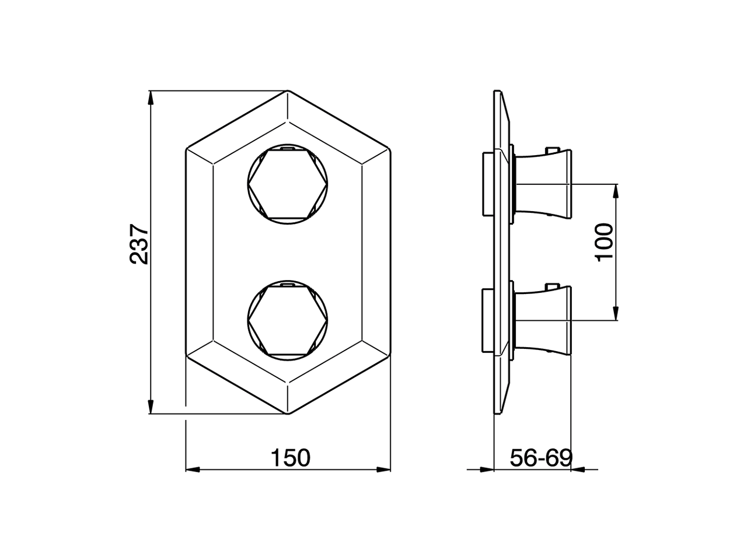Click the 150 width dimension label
point(290,458)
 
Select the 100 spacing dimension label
point(605,242)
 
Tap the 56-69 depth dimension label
point(541,458)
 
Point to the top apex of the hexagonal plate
point(288,92)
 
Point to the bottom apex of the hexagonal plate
point(288,414)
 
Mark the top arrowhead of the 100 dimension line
point(616,191)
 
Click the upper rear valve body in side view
point(487,184)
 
